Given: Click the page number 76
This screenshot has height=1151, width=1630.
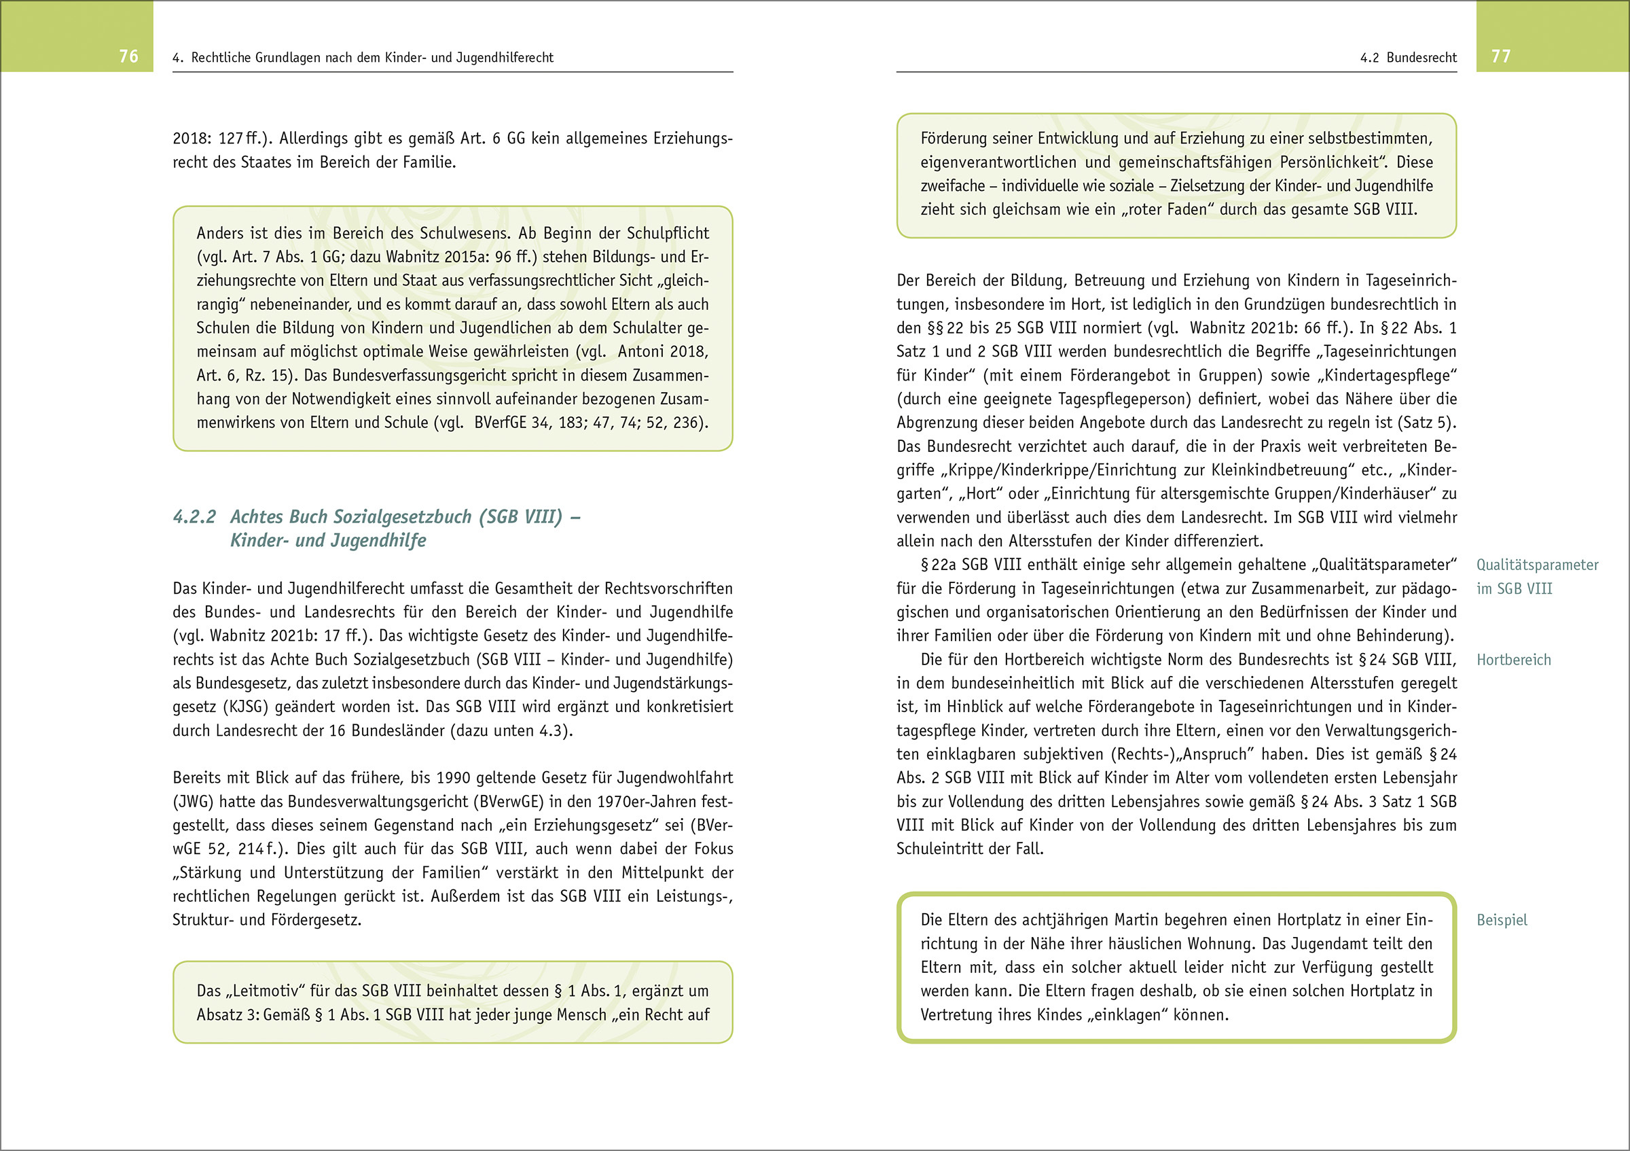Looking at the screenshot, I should tap(128, 56).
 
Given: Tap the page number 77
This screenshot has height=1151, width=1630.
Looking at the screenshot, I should tap(1501, 56).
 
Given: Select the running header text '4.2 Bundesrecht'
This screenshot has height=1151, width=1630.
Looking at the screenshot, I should tap(1408, 58).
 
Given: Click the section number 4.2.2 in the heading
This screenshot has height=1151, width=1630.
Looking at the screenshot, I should tap(194, 517).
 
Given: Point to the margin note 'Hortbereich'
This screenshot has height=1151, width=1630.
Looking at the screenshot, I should tap(1514, 660).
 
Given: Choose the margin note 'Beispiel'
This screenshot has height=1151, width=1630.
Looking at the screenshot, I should tap(1502, 920).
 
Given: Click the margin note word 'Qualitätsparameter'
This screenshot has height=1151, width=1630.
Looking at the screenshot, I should tap(1537, 565).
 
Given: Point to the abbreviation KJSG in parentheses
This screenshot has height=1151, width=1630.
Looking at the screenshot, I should tap(247, 707).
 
